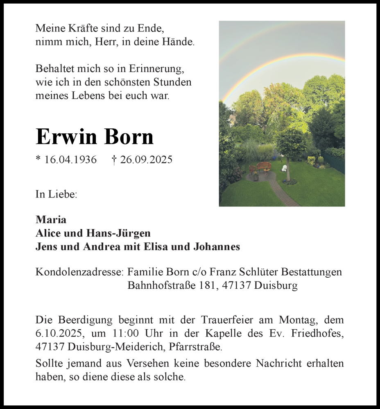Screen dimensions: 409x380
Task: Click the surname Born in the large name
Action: (129, 137)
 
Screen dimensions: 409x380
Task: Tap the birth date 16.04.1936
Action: (70, 160)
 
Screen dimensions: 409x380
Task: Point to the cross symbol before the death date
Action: (114, 160)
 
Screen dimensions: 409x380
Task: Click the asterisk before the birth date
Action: (38, 159)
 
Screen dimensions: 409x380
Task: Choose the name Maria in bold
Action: (51, 220)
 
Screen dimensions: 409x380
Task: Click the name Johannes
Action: (217, 247)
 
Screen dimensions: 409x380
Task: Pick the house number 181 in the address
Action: (206, 285)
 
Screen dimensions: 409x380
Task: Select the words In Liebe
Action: (56, 195)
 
